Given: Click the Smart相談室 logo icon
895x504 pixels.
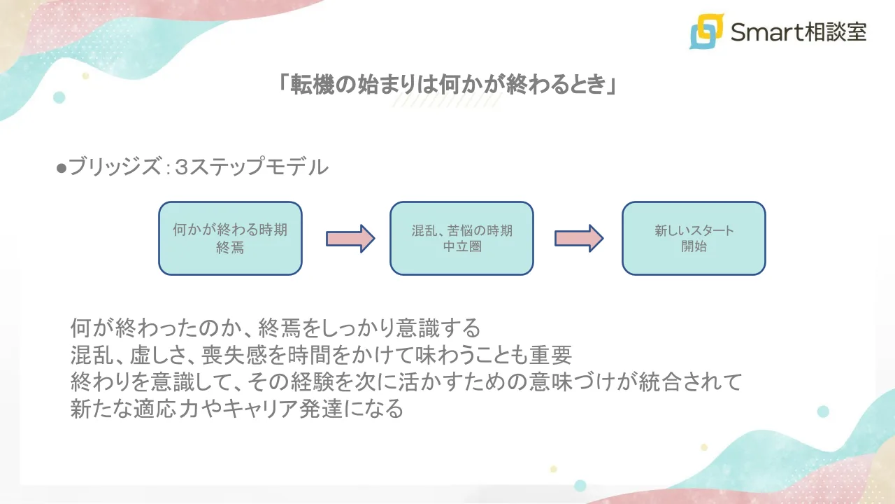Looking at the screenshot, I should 706,31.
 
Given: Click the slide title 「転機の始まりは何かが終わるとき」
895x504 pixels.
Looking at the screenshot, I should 447,85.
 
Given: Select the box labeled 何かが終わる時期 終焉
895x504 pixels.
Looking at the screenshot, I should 230,238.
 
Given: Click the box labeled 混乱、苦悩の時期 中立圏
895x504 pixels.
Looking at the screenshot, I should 461,238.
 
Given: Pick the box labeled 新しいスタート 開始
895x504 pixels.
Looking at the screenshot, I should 694,238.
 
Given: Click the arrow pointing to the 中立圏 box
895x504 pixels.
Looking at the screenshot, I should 350,239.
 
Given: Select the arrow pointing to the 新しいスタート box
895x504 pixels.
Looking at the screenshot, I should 579,239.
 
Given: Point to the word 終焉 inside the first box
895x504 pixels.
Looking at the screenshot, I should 230,247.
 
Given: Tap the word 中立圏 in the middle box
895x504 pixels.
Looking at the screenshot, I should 461,247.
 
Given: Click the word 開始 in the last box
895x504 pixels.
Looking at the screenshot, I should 694,247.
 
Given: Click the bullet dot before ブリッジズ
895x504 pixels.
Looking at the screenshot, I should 61,169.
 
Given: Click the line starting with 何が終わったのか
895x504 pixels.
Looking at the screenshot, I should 275,328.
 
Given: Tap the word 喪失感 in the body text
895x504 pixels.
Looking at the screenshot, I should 234,355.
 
